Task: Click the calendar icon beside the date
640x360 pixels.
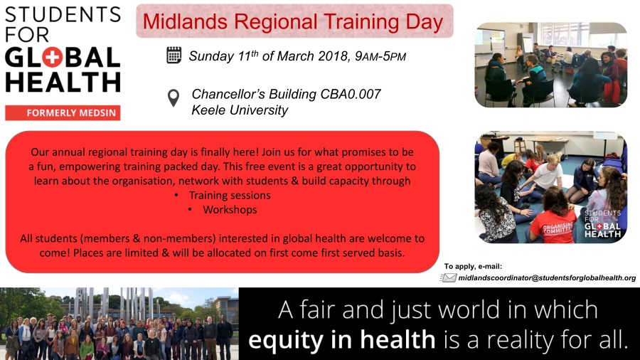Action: (x=174, y=55)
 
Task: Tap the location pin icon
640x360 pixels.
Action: (x=174, y=98)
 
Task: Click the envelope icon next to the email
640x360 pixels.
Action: (x=448, y=277)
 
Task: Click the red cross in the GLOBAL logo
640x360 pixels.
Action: (x=53, y=58)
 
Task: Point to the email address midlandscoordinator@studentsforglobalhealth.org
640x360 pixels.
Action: (x=547, y=277)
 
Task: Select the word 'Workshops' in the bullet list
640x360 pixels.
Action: (x=230, y=210)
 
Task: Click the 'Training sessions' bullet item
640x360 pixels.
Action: (x=230, y=195)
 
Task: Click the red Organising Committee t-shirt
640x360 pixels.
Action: (x=553, y=224)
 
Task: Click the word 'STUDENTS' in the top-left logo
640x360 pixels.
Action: (x=63, y=15)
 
